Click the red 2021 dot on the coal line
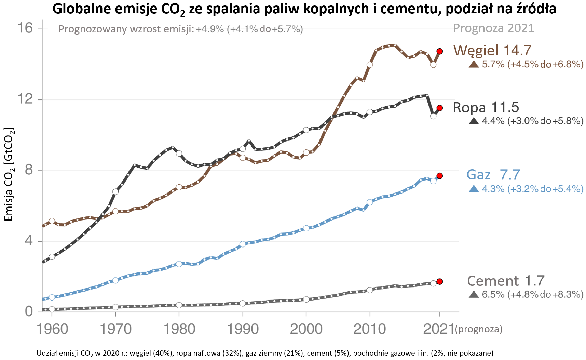pyautogui.click(x=440, y=51)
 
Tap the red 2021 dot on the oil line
pyautogui.click(x=440, y=108)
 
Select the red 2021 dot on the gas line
pyautogui.click(x=440, y=176)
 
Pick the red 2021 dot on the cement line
pyautogui.click(x=440, y=281)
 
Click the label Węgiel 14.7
pyautogui.click(x=492, y=51)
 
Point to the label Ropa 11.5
pyautogui.click(x=486, y=107)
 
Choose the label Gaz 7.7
pyautogui.click(x=493, y=175)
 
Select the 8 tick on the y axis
pyautogui.click(x=29, y=170)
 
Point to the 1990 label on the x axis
pyautogui.click(x=243, y=329)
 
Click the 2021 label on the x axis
pyautogui.click(x=439, y=329)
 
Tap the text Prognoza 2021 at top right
pyautogui.click(x=493, y=28)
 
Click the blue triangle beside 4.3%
pyautogui.click(x=474, y=189)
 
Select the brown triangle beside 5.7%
pyautogui.click(x=474, y=64)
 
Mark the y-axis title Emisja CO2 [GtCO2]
pyautogui.click(x=9, y=174)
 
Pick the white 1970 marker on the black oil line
pyautogui.click(x=115, y=191)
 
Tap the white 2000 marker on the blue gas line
pyautogui.click(x=306, y=228)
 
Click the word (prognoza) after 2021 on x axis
pyautogui.click(x=479, y=330)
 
